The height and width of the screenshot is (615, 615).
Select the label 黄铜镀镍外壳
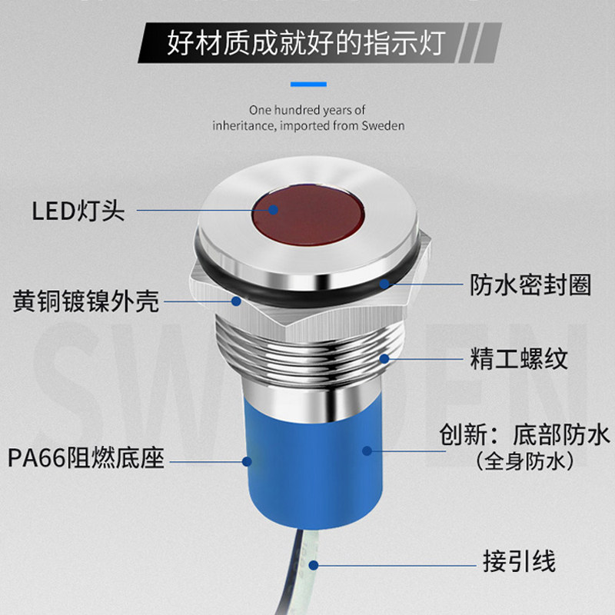(86, 301)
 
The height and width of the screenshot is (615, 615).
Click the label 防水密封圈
(530, 285)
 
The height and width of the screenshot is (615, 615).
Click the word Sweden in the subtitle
(382, 125)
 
